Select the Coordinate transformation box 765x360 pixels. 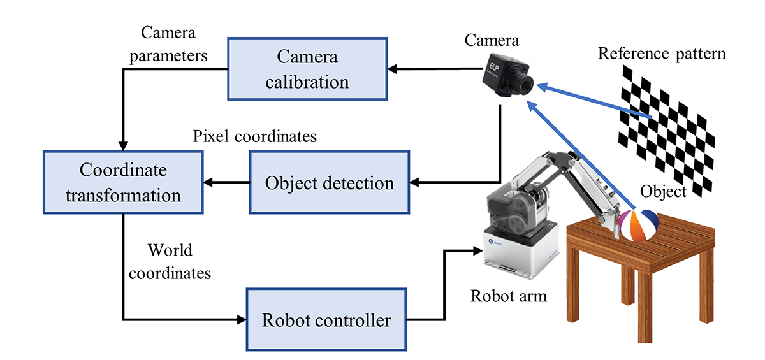(x=123, y=182)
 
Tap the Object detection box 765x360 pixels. (x=329, y=182)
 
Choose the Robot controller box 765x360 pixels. (x=326, y=319)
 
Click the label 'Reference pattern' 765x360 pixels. (x=662, y=54)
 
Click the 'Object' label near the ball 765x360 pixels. (x=664, y=191)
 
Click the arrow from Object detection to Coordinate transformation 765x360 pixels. (x=226, y=183)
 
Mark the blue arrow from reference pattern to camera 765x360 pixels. (x=593, y=101)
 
